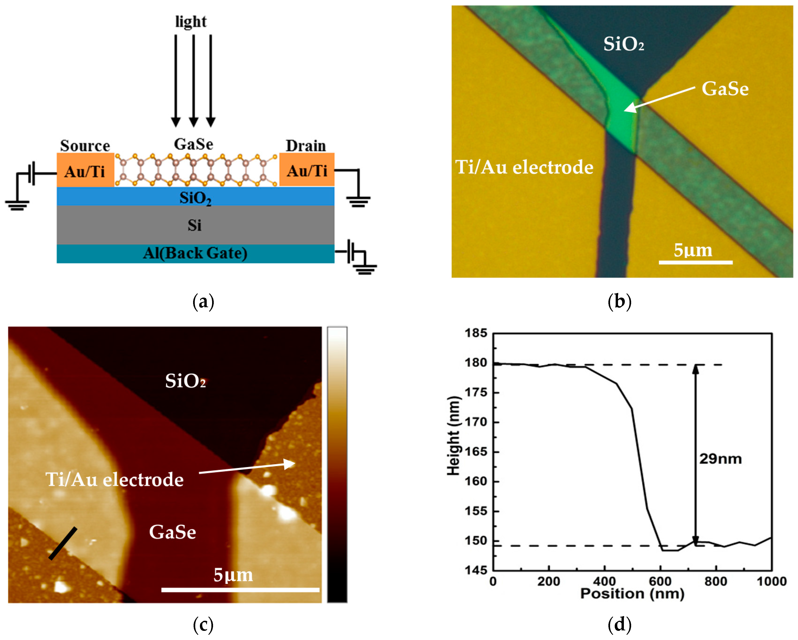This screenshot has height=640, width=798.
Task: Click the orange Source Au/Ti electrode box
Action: (x=85, y=170)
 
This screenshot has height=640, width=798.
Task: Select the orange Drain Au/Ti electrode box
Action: (x=307, y=169)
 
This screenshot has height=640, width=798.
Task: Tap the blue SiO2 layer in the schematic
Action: (x=195, y=197)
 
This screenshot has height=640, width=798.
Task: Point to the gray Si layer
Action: (x=195, y=225)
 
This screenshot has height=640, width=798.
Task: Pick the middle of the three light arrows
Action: (x=193, y=80)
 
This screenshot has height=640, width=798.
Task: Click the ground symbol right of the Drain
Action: (x=358, y=202)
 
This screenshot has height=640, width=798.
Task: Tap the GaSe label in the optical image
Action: (x=725, y=89)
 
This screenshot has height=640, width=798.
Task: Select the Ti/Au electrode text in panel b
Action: (x=524, y=167)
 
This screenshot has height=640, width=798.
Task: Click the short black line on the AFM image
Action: (x=63, y=543)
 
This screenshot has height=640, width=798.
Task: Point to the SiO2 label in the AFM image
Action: (x=185, y=381)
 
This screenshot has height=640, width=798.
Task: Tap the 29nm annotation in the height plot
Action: (x=720, y=459)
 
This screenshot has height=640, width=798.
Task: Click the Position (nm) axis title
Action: (x=632, y=594)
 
